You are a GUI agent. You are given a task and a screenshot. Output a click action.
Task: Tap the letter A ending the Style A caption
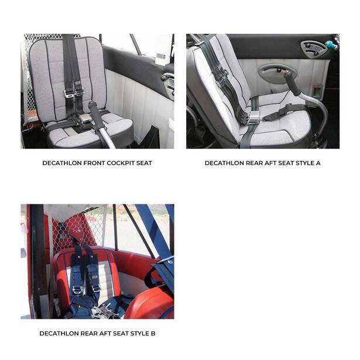coord(318,163)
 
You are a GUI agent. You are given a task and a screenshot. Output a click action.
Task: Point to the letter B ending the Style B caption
coord(153,334)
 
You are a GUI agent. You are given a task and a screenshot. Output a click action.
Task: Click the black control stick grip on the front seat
coord(96,115)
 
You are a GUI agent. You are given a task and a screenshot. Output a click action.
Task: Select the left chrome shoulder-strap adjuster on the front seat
coord(68,94)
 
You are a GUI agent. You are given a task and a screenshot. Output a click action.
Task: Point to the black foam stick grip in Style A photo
coord(293,85)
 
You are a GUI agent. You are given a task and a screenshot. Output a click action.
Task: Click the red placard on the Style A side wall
coord(317,91)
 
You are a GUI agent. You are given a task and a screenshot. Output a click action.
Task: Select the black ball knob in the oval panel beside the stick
coord(279,70)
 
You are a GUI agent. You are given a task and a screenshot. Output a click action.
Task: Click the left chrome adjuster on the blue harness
coord(77,290)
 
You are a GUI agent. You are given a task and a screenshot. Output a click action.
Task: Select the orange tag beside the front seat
coord(32,114)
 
